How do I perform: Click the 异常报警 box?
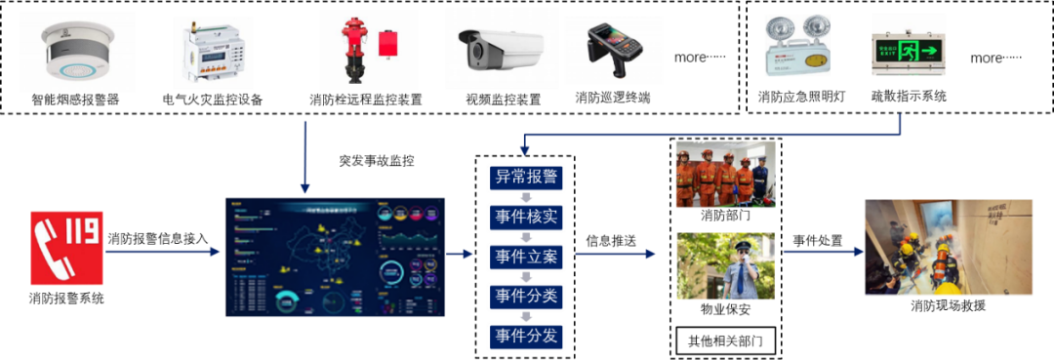pyautogui.click(x=526, y=177)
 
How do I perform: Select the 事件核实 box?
pyautogui.click(x=526, y=217)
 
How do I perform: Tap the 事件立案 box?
pyautogui.click(x=526, y=257)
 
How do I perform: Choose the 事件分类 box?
pyautogui.click(x=526, y=297)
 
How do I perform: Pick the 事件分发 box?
pyautogui.click(x=526, y=337)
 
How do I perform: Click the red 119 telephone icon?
pyautogui.click(x=66, y=248)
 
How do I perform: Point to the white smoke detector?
pyautogui.click(x=76, y=52)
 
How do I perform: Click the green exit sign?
pyautogui.click(x=908, y=45)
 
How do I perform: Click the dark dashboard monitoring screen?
pyautogui.click(x=337, y=257)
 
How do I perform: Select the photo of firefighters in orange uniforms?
pyautogui.click(x=725, y=175)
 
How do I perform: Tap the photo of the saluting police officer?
pyautogui.click(x=725, y=265)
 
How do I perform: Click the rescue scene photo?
pyautogui.click(x=935, y=247)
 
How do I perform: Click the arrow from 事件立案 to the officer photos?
pyautogui.click(x=615, y=255)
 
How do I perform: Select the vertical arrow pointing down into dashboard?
pyautogui.click(x=305, y=156)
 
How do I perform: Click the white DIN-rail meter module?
pyautogui.click(x=213, y=54)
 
